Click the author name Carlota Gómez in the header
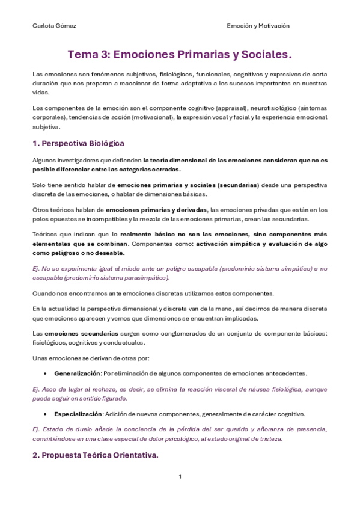point(54,26)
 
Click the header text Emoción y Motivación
point(258,26)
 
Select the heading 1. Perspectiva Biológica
point(78,143)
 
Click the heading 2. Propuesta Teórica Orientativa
point(95,455)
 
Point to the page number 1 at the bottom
point(180,477)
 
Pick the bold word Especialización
point(78,414)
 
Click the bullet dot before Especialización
point(46,414)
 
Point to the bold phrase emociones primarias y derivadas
point(156,209)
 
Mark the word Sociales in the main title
point(264,55)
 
